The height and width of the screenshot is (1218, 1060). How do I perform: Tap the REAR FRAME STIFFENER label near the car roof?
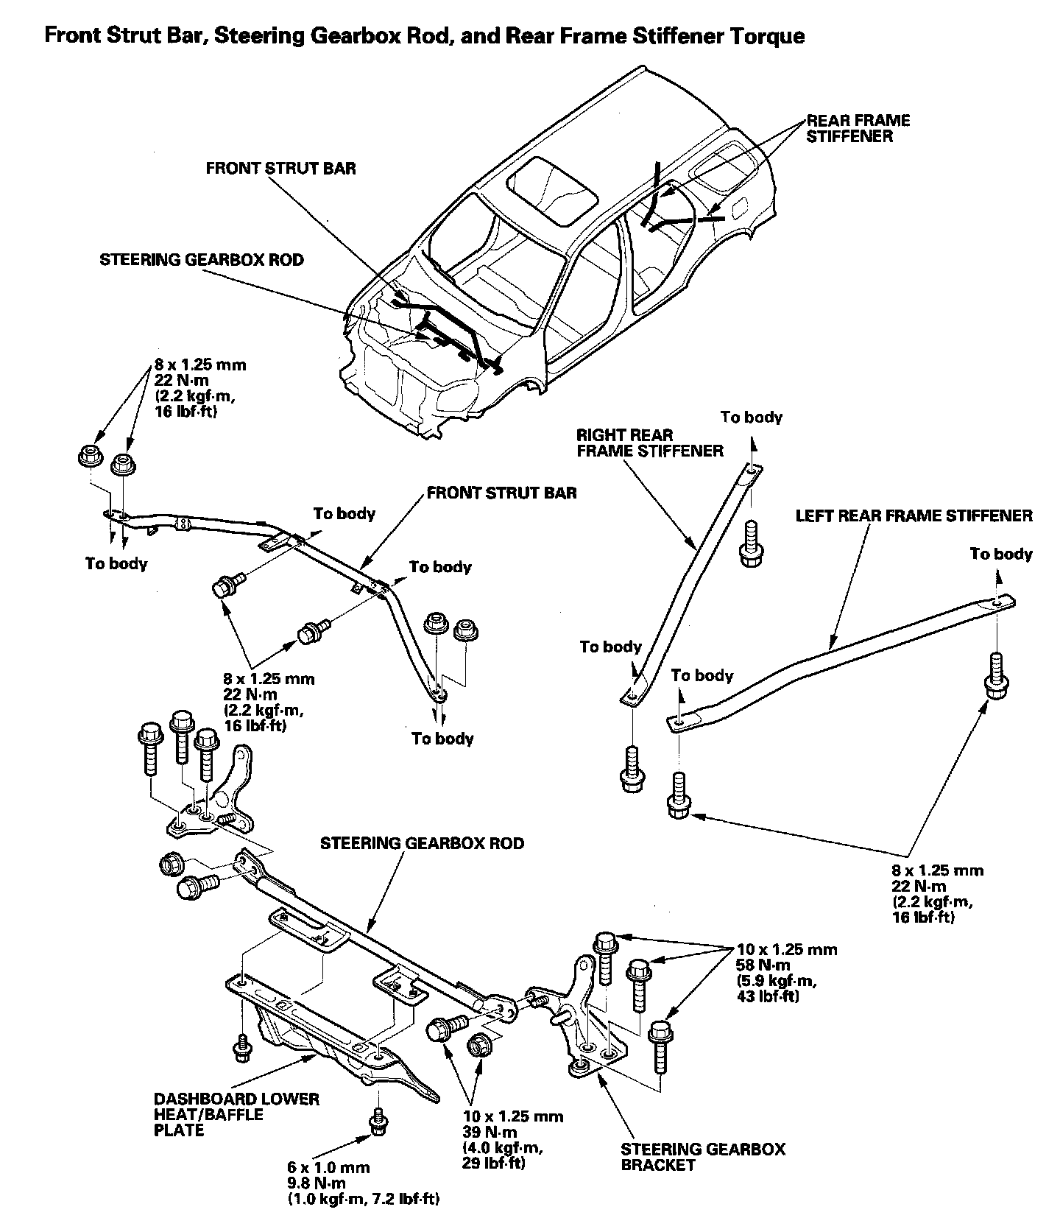point(858,128)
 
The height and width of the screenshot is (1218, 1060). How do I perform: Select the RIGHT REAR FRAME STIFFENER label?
point(649,443)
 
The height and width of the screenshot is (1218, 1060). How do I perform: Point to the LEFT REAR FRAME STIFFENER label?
point(914,515)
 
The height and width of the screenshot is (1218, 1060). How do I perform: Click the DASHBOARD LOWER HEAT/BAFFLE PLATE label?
point(236,1114)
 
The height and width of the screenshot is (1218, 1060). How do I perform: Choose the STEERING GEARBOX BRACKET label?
point(702,1157)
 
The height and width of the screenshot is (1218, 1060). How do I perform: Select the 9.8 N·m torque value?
point(318,1183)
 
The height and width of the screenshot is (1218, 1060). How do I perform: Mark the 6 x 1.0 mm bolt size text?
point(328,1167)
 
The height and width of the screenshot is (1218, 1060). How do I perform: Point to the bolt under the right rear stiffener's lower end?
point(631,769)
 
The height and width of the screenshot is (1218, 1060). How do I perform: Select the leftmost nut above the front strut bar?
point(89,457)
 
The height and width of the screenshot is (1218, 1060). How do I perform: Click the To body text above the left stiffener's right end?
point(1000,554)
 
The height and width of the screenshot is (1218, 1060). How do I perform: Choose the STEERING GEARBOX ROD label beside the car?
point(202,260)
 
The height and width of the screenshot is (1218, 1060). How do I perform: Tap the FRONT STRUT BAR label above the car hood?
point(280,169)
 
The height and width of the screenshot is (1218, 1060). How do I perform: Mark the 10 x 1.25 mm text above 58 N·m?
point(786,949)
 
